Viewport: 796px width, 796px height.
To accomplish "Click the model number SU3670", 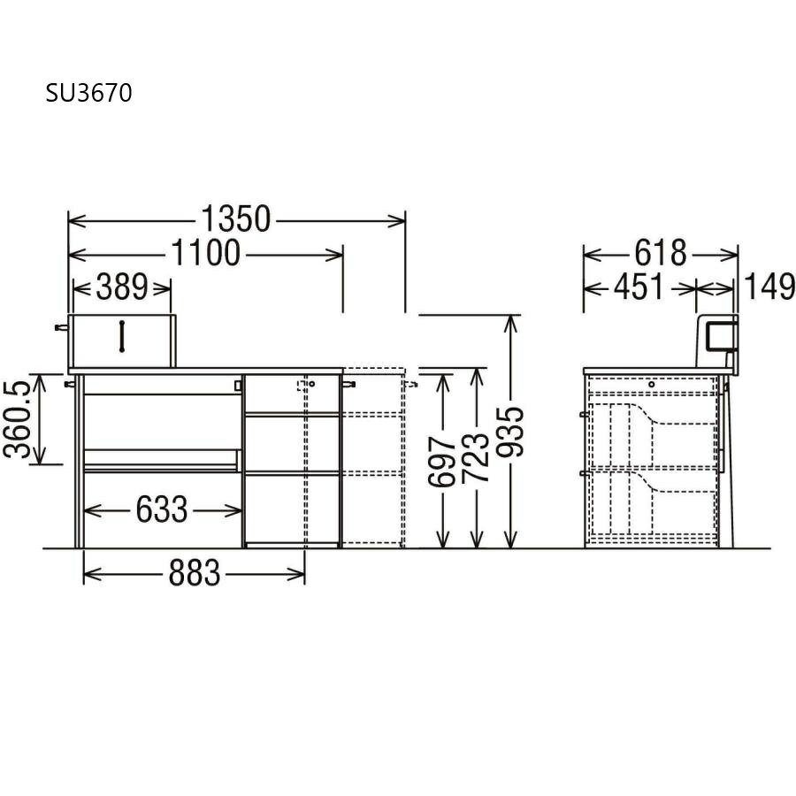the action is click(x=88, y=93).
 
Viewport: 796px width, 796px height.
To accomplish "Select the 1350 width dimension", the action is click(x=236, y=218).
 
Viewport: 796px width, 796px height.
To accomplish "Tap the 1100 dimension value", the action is click(x=205, y=253).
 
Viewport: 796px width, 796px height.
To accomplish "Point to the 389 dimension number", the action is click(x=122, y=287).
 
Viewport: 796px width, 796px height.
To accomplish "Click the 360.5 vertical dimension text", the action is click(x=18, y=419).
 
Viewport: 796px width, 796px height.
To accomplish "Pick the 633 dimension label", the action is click(x=162, y=509).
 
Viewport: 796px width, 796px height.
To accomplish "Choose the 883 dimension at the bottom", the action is click(x=195, y=572).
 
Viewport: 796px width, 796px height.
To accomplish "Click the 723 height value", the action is click(x=475, y=457).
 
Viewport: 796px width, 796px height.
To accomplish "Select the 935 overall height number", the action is click(x=509, y=432).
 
